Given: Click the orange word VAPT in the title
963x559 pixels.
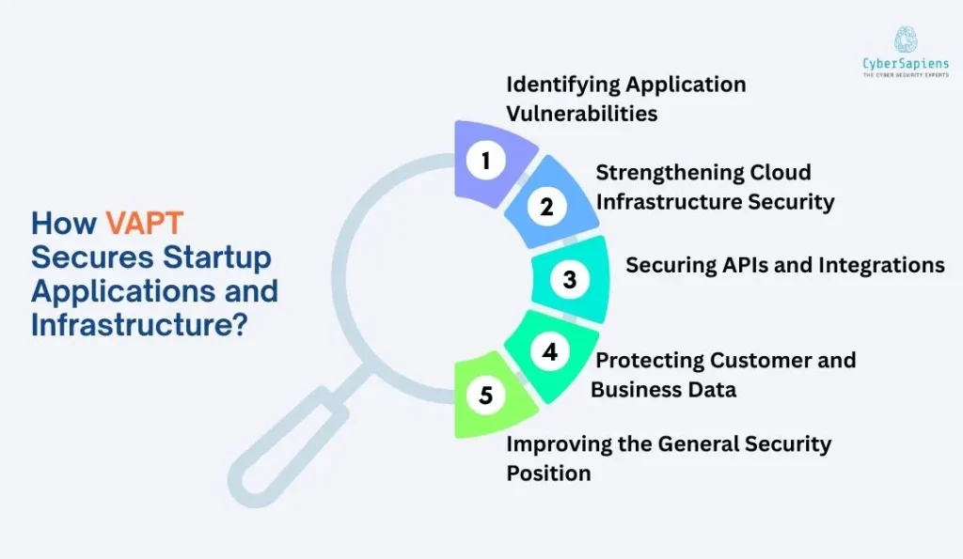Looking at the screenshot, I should click(x=144, y=223).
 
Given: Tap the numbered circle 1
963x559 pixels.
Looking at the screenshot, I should click(x=486, y=161).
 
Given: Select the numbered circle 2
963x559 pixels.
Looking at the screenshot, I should click(x=546, y=209).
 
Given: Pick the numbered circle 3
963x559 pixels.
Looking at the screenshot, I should click(x=569, y=279).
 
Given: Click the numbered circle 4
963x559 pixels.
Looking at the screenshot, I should click(x=550, y=351).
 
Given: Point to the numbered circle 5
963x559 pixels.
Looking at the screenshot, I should click(x=485, y=396).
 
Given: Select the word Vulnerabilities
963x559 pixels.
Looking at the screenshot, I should click(x=581, y=114).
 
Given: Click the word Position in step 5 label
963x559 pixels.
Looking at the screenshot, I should click(x=548, y=473).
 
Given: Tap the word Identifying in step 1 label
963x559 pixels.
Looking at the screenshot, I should click(x=563, y=84).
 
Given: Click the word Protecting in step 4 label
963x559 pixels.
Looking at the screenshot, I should click(x=650, y=360).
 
